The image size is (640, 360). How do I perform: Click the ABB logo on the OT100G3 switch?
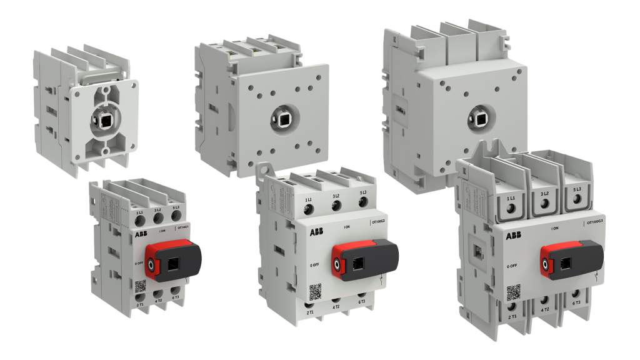(x=512, y=236)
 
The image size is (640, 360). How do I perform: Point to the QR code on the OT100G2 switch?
(x=316, y=291)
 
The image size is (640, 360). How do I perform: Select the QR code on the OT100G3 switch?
(x=512, y=292)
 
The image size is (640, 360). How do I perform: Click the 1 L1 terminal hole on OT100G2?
(x=309, y=208)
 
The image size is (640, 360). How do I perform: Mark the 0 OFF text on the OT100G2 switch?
(x=316, y=265)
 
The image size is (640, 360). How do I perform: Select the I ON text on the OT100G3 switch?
(x=554, y=229)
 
